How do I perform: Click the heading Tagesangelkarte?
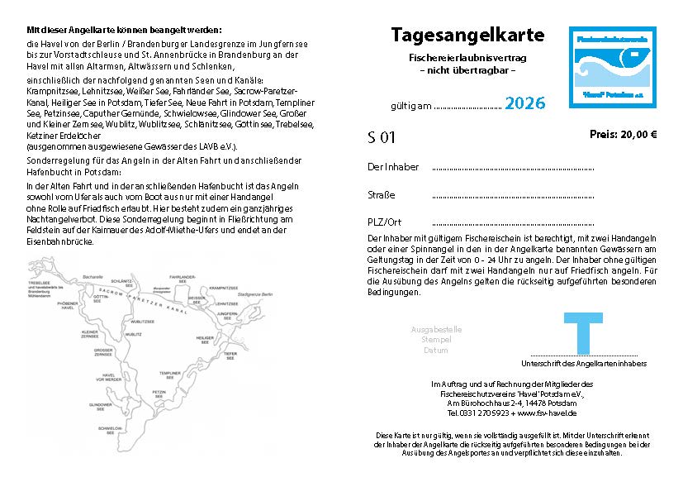pos(467,36)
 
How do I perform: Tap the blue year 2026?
pos(524,103)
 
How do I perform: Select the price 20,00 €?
pos(623,134)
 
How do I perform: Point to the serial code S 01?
pos(382,137)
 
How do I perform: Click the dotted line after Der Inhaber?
pos(512,168)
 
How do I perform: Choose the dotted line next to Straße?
pos(512,196)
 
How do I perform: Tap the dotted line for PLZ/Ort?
pos(512,223)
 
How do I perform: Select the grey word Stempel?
pos(436,340)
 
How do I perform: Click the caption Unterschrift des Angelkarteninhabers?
pos(584,364)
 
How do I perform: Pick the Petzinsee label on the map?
pos(160,394)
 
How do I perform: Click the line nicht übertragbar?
pos(467,71)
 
